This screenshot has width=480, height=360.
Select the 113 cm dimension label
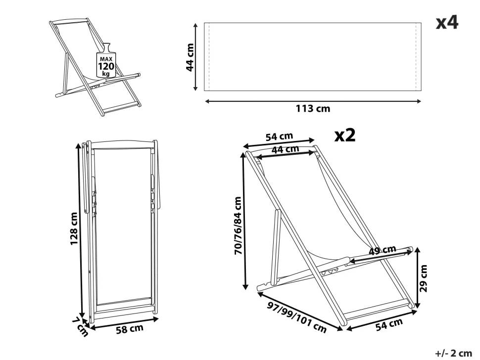click(x=313, y=109)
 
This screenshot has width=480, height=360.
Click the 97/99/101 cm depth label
click(x=296, y=317)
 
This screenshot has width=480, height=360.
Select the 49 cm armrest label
click(x=383, y=250)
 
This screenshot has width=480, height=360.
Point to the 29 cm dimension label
click(x=423, y=278)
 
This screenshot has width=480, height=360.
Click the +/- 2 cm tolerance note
click(x=453, y=353)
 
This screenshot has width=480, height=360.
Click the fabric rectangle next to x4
click(x=313, y=56)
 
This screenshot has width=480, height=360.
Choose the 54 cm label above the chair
click(x=280, y=136)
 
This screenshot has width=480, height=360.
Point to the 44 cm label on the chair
click(x=286, y=148)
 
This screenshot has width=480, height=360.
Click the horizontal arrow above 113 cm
click(x=313, y=101)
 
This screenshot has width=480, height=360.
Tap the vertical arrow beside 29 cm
click(x=416, y=277)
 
